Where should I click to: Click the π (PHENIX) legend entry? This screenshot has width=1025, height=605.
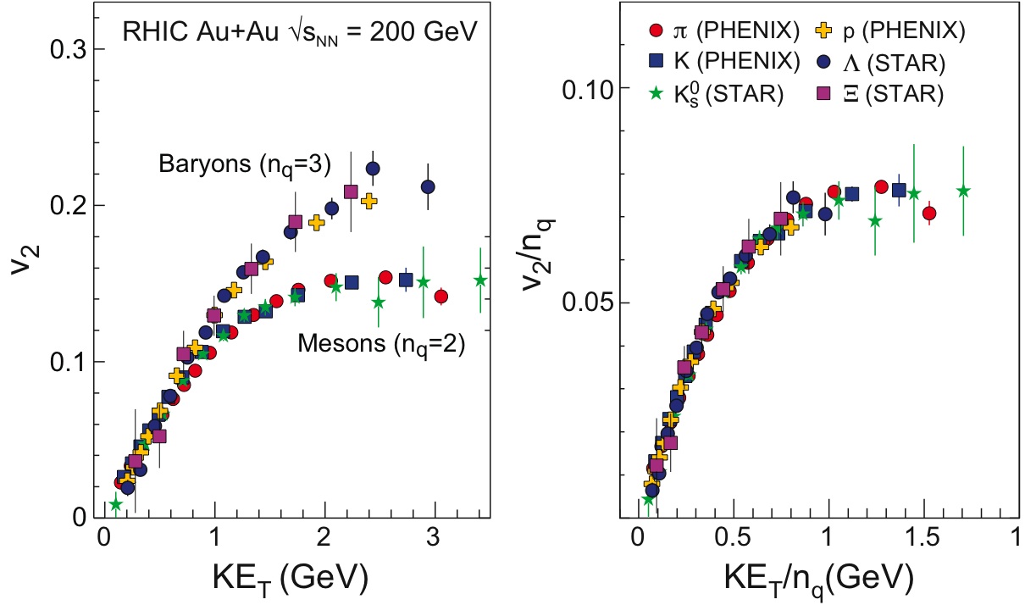(724, 32)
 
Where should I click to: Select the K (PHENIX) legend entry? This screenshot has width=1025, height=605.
(724, 61)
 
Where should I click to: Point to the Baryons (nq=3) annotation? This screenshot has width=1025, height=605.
(244, 164)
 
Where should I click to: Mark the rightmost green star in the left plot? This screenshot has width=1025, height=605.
(480, 280)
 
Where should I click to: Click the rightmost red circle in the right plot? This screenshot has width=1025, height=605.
(929, 214)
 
